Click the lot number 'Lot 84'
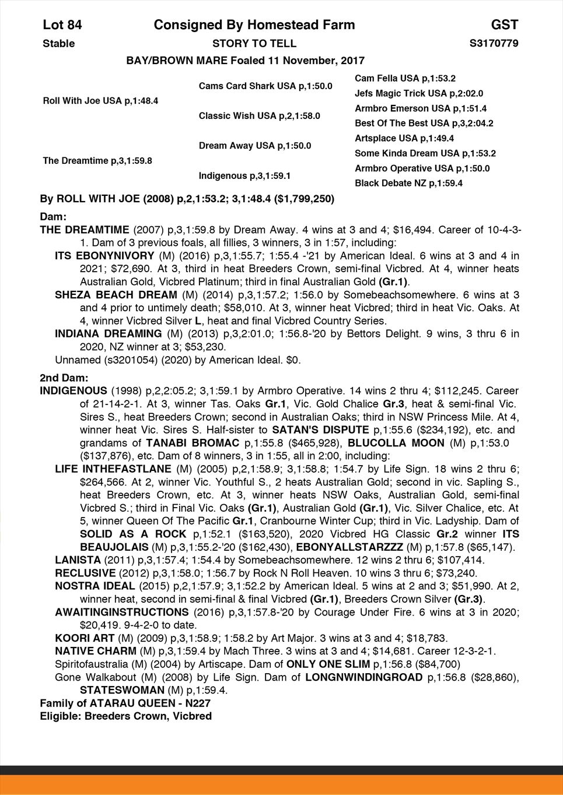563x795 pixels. (x=62, y=24)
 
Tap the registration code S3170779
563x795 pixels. (x=494, y=43)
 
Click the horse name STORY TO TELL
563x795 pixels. (x=254, y=43)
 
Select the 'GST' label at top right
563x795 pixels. (x=504, y=24)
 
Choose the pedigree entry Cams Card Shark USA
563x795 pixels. (x=247, y=86)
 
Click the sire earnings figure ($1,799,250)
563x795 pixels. (x=304, y=199)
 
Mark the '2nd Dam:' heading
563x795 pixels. (x=64, y=378)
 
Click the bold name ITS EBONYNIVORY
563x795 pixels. (x=104, y=256)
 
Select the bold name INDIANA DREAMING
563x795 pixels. (x=109, y=334)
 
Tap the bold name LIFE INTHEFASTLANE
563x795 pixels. (x=113, y=469)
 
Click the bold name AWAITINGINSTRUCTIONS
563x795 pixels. (x=121, y=612)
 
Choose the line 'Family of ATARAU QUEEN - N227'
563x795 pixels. (x=125, y=703)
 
